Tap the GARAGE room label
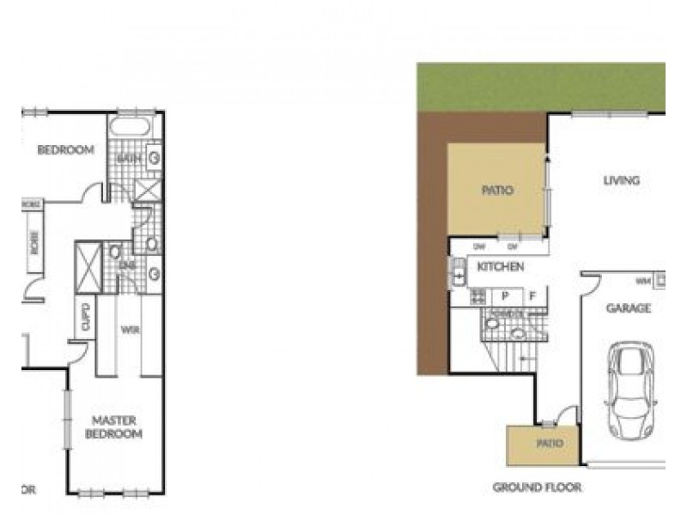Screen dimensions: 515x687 click(x=629, y=308)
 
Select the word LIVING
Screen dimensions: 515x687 click(x=621, y=181)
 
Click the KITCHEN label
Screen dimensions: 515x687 click(x=501, y=268)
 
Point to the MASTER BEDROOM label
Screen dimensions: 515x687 click(x=117, y=427)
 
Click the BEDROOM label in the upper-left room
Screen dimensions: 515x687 click(x=65, y=150)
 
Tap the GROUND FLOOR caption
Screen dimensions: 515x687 click(x=537, y=488)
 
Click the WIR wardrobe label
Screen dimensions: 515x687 click(x=131, y=330)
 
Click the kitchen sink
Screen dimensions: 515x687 click(x=459, y=276)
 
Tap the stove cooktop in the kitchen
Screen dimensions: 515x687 click(x=478, y=297)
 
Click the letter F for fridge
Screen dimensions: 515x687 click(x=533, y=296)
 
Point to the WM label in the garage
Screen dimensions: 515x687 click(x=641, y=281)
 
